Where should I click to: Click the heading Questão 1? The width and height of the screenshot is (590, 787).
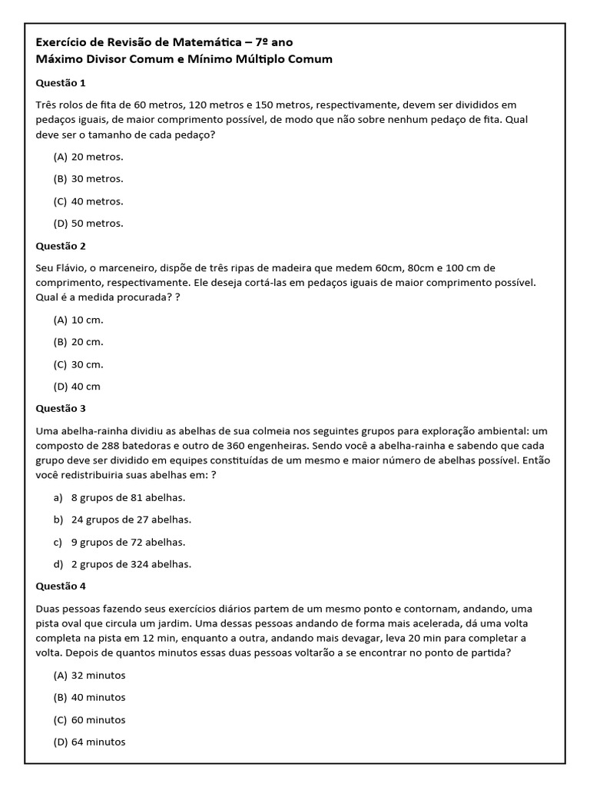pos(61,82)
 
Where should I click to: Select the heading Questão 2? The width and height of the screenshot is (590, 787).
pos(61,246)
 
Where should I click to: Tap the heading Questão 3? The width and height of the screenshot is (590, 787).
pos(61,408)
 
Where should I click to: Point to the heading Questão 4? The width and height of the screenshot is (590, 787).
pos(61,586)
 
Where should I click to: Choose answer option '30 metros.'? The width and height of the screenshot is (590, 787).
pos(97,179)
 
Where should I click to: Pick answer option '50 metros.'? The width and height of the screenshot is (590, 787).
pos(97,224)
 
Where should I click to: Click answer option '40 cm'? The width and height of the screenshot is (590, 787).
pos(86,387)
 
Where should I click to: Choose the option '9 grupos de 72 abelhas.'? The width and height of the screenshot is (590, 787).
pos(128,542)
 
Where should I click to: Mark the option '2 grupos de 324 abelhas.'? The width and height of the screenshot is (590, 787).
pos(131,564)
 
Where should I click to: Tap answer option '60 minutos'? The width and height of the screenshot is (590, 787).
pos(98,720)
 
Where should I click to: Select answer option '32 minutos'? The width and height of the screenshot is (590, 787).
pos(98,676)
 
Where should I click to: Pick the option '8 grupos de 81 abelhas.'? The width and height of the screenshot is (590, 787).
pos(128,497)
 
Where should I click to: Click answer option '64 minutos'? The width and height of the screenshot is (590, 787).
pos(98,742)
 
